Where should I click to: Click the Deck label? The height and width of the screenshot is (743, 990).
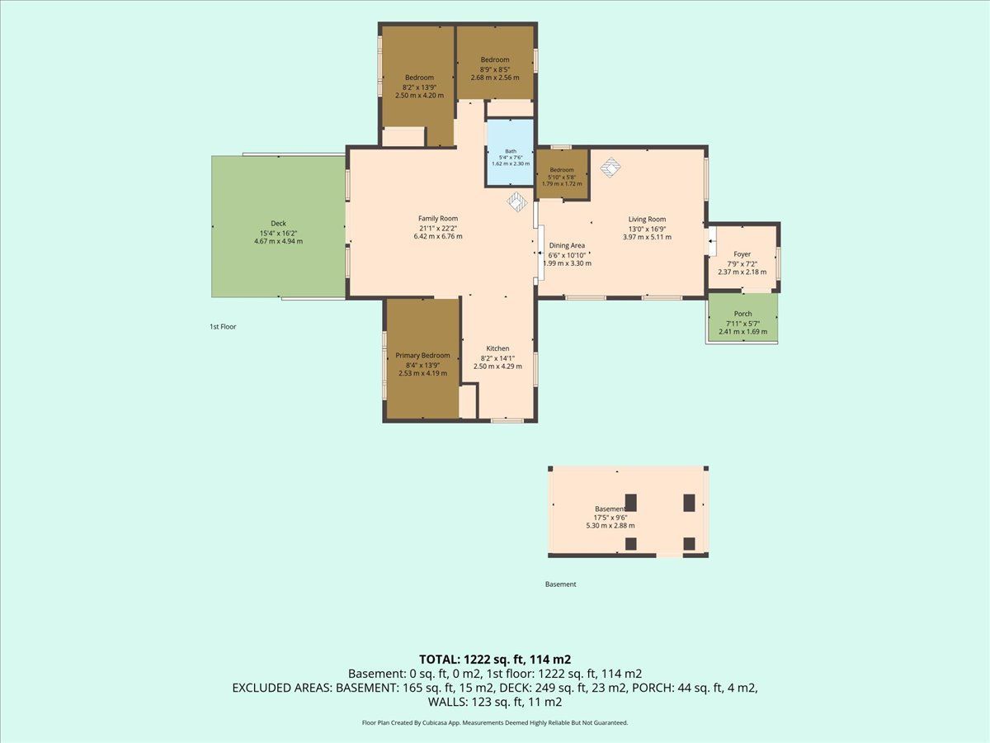pyautogui.click(x=278, y=223)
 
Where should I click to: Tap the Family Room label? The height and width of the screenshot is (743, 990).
pyautogui.click(x=438, y=218)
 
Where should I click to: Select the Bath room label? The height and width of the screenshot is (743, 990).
pyautogui.click(x=511, y=152)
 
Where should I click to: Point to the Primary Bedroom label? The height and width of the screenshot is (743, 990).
pyautogui.click(x=422, y=356)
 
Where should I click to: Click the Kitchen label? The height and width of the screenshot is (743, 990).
pyautogui.click(x=497, y=348)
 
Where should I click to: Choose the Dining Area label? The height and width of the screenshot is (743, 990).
pyautogui.click(x=567, y=245)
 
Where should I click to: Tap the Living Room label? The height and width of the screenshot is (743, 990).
pyautogui.click(x=648, y=220)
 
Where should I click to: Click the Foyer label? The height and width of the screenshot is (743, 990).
pyautogui.click(x=742, y=254)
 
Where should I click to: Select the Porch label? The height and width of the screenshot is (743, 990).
pyautogui.click(x=742, y=314)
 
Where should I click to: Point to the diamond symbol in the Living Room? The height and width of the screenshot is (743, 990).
pyautogui.click(x=610, y=167)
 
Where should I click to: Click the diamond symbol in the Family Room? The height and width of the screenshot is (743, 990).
pyautogui.click(x=517, y=201)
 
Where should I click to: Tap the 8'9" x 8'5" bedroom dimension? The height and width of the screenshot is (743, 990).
pyautogui.click(x=495, y=69)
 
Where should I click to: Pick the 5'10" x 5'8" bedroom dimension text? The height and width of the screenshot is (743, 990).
pyautogui.click(x=562, y=177)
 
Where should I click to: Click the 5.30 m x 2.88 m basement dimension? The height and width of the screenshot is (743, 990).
pyautogui.click(x=610, y=526)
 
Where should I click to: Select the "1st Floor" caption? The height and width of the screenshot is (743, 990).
pyautogui.click(x=223, y=327)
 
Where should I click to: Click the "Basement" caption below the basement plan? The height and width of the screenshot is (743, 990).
pyautogui.click(x=561, y=584)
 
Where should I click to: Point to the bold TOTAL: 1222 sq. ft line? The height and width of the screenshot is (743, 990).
pyautogui.click(x=495, y=660)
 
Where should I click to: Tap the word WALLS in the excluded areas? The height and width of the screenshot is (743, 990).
pyautogui.click(x=448, y=702)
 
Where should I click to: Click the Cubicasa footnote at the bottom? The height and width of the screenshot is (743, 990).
pyautogui.click(x=495, y=722)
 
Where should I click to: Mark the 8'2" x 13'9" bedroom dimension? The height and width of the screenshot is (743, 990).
pyautogui.click(x=419, y=88)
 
